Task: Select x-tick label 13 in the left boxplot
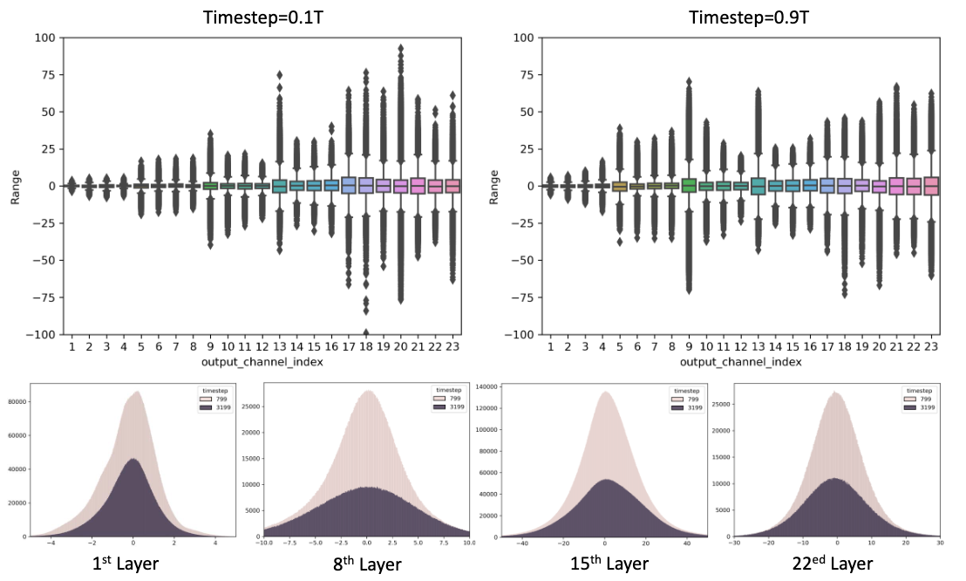(280, 347)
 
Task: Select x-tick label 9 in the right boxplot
(689, 347)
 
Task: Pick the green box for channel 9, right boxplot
(689, 185)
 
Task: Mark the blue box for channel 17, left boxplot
(349, 185)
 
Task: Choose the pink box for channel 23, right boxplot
(930, 185)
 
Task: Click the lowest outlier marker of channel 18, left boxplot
(365, 332)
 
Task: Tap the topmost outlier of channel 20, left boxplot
(400, 49)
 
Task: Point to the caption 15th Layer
(601, 563)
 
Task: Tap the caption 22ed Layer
(838, 563)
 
